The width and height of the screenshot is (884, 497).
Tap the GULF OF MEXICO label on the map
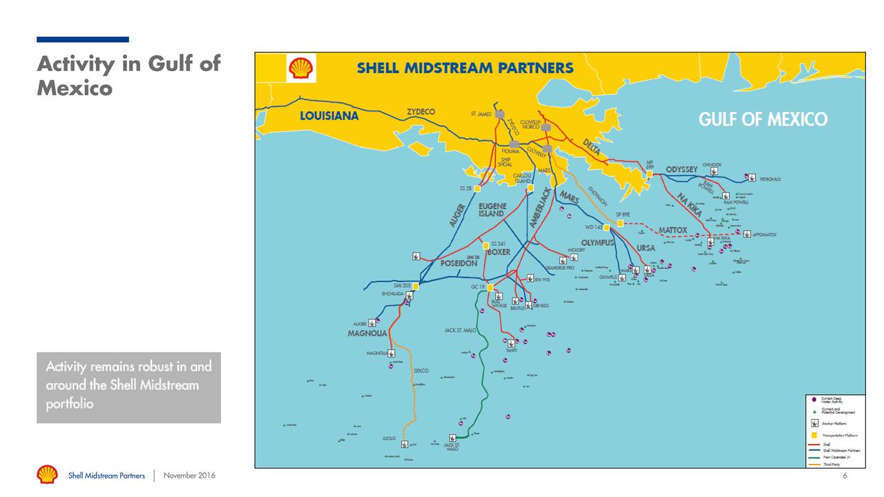coord(762,119)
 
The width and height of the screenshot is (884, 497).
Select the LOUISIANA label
coord(329,116)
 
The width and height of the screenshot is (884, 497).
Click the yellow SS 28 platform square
coord(477,188)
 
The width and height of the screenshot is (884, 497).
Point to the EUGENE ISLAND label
coord(492,210)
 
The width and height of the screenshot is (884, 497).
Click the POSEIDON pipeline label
coord(459,264)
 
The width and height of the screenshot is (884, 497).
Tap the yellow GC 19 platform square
coord(490,287)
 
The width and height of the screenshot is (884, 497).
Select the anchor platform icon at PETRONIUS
coord(751,177)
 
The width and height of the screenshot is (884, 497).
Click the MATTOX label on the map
coord(672,230)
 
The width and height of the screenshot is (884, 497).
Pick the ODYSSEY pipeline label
coord(681,170)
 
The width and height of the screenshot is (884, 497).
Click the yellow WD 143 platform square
coord(606,227)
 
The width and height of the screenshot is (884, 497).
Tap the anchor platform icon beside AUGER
coord(373,322)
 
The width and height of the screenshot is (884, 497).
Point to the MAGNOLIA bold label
coord(367,333)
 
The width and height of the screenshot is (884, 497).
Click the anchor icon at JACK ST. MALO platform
coord(452,438)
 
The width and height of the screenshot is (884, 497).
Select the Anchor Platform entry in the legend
coord(815,423)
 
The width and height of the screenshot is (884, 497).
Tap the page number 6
coord(845,476)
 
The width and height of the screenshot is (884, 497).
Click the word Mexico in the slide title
coord(74,88)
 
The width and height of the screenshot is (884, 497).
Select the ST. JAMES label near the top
coord(481,114)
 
